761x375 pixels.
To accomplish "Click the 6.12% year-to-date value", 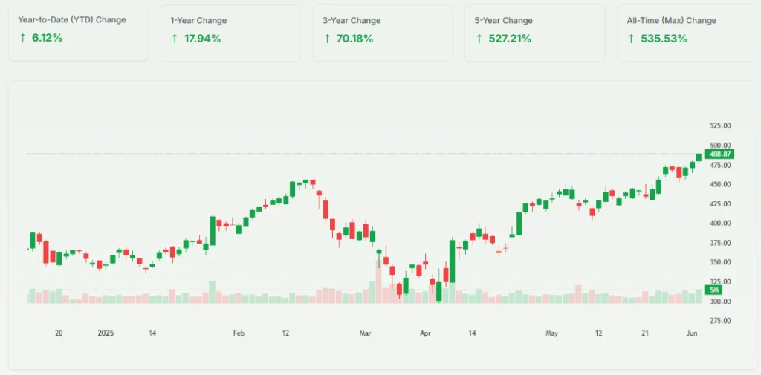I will click(46, 38).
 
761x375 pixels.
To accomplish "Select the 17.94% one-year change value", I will click(202, 39).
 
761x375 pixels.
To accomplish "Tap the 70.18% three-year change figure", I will click(354, 39).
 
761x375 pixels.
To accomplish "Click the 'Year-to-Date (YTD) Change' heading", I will click(71, 20).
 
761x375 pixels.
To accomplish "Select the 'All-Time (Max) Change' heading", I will click(671, 20).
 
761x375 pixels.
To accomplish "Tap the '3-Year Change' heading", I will click(352, 20).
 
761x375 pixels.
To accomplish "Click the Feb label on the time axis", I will click(239, 333).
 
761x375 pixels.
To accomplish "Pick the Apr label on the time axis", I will click(424, 333).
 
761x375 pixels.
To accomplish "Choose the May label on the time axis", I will click(551, 333).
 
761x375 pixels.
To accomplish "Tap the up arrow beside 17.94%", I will click(175, 39).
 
